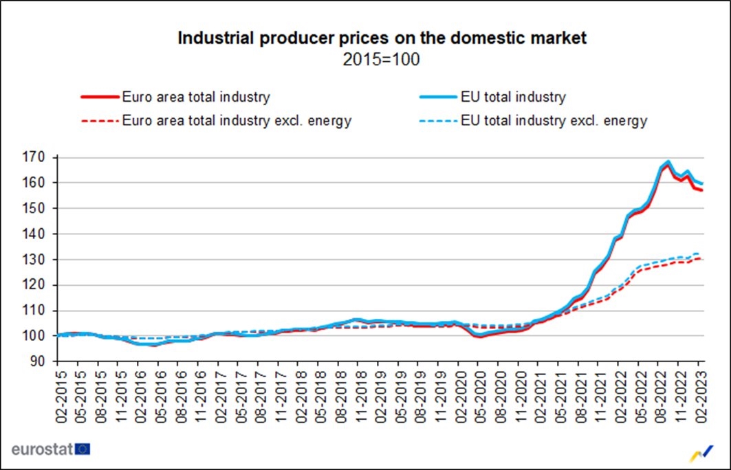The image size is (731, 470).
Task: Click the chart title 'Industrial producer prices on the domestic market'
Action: click(x=382, y=38)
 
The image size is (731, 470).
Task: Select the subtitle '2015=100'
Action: click(x=382, y=60)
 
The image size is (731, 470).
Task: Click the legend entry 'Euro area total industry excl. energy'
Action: click(x=237, y=121)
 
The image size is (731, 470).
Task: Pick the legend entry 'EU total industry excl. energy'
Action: click(x=554, y=121)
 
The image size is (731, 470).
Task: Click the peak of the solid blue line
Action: click(x=668, y=161)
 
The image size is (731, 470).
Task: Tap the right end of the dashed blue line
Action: click(x=700, y=254)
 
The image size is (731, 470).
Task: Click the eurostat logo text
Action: click(x=43, y=449)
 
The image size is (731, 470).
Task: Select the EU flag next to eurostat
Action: click(x=84, y=449)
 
